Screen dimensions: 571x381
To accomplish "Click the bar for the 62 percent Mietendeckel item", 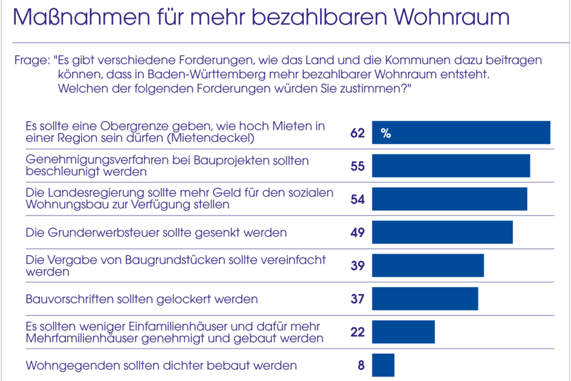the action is [x=461, y=133].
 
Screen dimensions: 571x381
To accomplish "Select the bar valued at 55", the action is [x=451, y=166].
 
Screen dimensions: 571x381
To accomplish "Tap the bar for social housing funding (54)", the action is [x=450, y=199].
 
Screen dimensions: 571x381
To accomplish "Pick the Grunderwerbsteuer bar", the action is [x=442, y=232].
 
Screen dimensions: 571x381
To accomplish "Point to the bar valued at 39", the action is [x=428, y=266].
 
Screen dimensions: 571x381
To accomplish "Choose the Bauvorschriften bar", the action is [x=425, y=299].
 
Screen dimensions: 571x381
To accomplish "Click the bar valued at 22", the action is [x=403, y=332].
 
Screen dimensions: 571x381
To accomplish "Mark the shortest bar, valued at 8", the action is [x=383, y=365].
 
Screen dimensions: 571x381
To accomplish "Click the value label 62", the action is [x=357, y=133].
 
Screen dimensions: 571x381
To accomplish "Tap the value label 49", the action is [x=357, y=233].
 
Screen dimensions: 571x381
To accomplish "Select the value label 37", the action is [x=357, y=299].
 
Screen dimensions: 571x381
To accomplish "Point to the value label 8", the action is [x=361, y=366].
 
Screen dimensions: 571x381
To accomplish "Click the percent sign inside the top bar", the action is [x=385, y=133].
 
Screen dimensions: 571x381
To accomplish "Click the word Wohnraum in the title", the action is [x=451, y=17].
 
